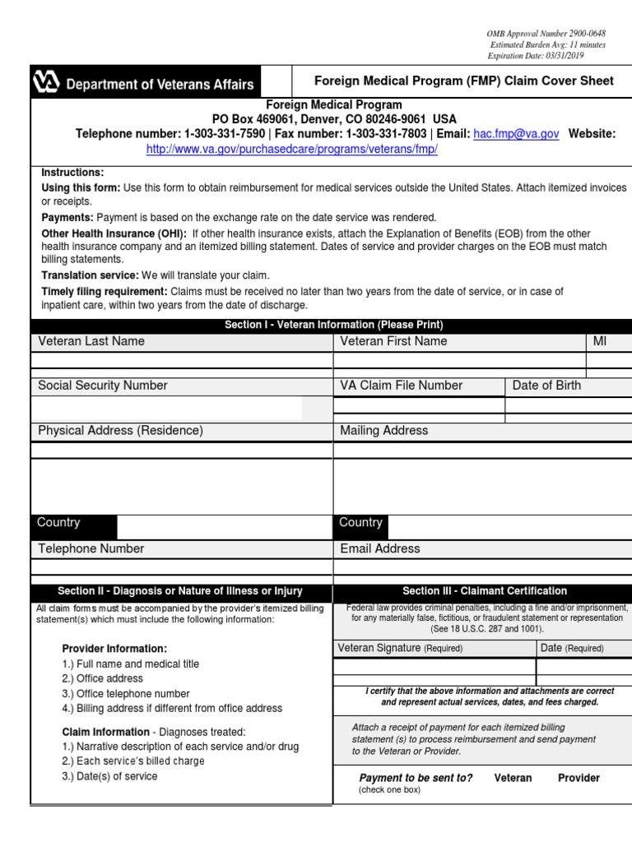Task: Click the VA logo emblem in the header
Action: [46, 83]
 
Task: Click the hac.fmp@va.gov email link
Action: [516, 134]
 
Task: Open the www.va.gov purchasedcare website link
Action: [291, 150]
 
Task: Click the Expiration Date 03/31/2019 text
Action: [534, 55]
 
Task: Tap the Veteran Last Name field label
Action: [91, 341]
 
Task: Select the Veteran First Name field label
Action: [393, 341]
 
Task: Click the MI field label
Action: [599, 341]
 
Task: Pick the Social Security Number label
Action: [102, 386]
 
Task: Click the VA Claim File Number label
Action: [401, 386]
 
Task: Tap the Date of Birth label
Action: [546, 386]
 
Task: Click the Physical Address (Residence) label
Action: [120, 430]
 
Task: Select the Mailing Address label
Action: [384, 430]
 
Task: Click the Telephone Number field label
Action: [91, 548]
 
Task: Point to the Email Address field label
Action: [379, 548]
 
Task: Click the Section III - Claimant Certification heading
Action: [484, 591]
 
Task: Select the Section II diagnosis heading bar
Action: [180, 591]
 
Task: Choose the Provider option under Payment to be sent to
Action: [579, 778]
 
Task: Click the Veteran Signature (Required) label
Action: [400, 648]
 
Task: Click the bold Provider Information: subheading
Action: [114, 649]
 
